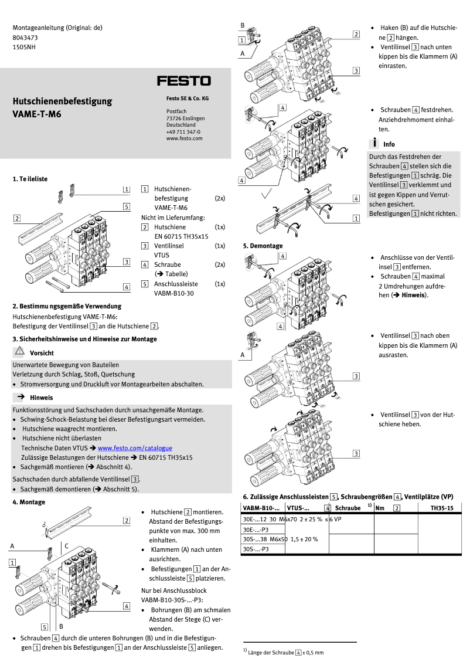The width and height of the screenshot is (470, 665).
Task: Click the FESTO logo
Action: [183, 81]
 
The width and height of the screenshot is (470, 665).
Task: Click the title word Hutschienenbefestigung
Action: [62, 101]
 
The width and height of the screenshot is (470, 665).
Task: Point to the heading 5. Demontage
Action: [263, 246]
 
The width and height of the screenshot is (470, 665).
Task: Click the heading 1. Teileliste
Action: [30, 178]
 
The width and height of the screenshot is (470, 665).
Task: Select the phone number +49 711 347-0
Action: [183, 132]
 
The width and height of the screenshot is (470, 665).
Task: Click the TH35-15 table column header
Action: [441, 508]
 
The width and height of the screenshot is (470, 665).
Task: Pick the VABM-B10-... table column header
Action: [261, 508]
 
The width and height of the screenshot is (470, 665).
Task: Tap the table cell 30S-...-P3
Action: [256, 549]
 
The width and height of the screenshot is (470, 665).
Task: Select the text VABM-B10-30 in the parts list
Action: [173, 293]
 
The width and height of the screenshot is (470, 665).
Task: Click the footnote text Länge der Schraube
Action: [271, 652]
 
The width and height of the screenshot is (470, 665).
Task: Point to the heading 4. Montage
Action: [29, 502]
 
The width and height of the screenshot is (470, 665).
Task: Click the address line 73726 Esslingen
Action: [186, 118]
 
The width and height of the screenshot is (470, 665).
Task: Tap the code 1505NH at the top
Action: [24, 48]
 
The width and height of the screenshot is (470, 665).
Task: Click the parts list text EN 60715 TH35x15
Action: [181, 236]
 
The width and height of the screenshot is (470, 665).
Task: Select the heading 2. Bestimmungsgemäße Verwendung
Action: [67, 306]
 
